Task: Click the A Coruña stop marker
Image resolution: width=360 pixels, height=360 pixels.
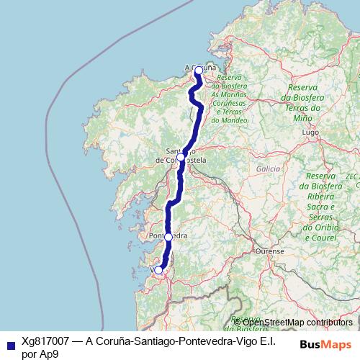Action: point(199,71)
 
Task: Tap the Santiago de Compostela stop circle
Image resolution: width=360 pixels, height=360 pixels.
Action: point(181,156)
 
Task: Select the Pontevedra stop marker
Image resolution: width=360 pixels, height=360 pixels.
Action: point(168,236)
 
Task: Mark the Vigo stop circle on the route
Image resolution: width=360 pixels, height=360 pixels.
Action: point(159,270)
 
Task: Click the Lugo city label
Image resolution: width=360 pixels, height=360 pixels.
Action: point(310,133)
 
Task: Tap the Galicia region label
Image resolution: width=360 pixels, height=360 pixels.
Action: point(267,168)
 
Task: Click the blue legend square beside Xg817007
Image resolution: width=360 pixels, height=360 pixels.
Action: point(9,345)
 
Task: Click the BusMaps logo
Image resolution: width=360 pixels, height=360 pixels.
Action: point(325,345)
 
